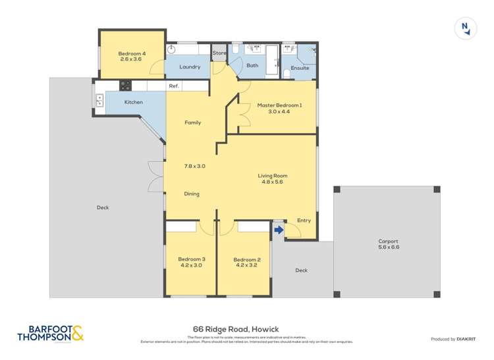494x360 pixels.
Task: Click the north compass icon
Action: point(466,28)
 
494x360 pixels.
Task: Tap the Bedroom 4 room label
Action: point(132,53)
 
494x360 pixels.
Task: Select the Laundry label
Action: point(190,66)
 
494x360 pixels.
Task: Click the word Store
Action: point(219,53)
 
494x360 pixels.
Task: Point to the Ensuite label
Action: point(300,68)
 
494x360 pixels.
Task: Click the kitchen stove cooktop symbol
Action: point(124,85)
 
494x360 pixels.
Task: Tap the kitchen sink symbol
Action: point(100,101)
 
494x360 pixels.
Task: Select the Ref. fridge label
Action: point(174,86)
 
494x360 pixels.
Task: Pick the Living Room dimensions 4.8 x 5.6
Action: point(272,183)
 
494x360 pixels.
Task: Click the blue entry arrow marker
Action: point(278,230)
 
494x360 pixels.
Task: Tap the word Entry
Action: point(304,220)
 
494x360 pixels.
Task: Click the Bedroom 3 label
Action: point(191,259)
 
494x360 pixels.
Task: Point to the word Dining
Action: point(192,193)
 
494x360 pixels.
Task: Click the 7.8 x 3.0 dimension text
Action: point(194,166)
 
